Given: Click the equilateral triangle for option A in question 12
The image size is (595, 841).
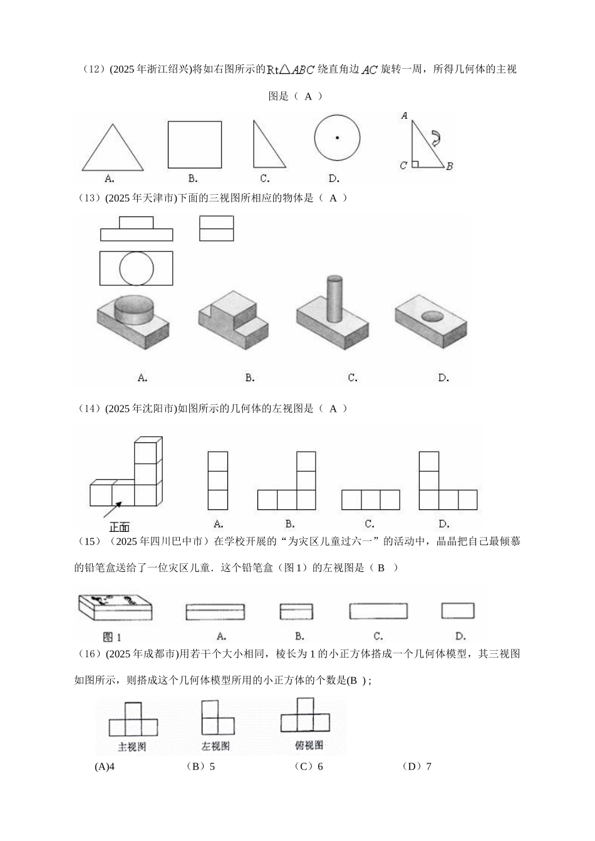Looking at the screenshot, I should click(x=113, y=150).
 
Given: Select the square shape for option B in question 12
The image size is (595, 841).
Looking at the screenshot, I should click(x=194, y=145).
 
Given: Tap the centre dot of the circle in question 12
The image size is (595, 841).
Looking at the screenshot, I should click(x=337, y=138).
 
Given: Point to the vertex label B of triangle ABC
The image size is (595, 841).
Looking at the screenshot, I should click(x=450, y=166).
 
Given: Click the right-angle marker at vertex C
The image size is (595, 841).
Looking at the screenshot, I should click(x=415, y=164).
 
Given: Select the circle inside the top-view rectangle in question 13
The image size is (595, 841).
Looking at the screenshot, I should click(x=137, y=268).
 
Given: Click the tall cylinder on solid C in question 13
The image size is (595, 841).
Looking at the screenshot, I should click(x=331, y=297).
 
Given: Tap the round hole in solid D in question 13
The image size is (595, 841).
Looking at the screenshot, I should click(x=431, y=316).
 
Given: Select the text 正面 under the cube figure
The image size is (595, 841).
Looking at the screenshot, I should click(x=119, y=528).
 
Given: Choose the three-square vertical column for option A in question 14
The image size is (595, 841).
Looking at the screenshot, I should click(x=218, y=481).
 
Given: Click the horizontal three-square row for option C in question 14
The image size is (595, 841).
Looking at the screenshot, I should click(x=371, y=500).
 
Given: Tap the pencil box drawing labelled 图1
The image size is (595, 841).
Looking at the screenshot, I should click(x=115, y=606).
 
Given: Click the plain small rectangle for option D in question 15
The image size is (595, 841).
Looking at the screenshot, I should click(x=458, y=610).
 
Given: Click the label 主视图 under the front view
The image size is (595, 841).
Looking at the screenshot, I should click(x=132, y=747).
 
